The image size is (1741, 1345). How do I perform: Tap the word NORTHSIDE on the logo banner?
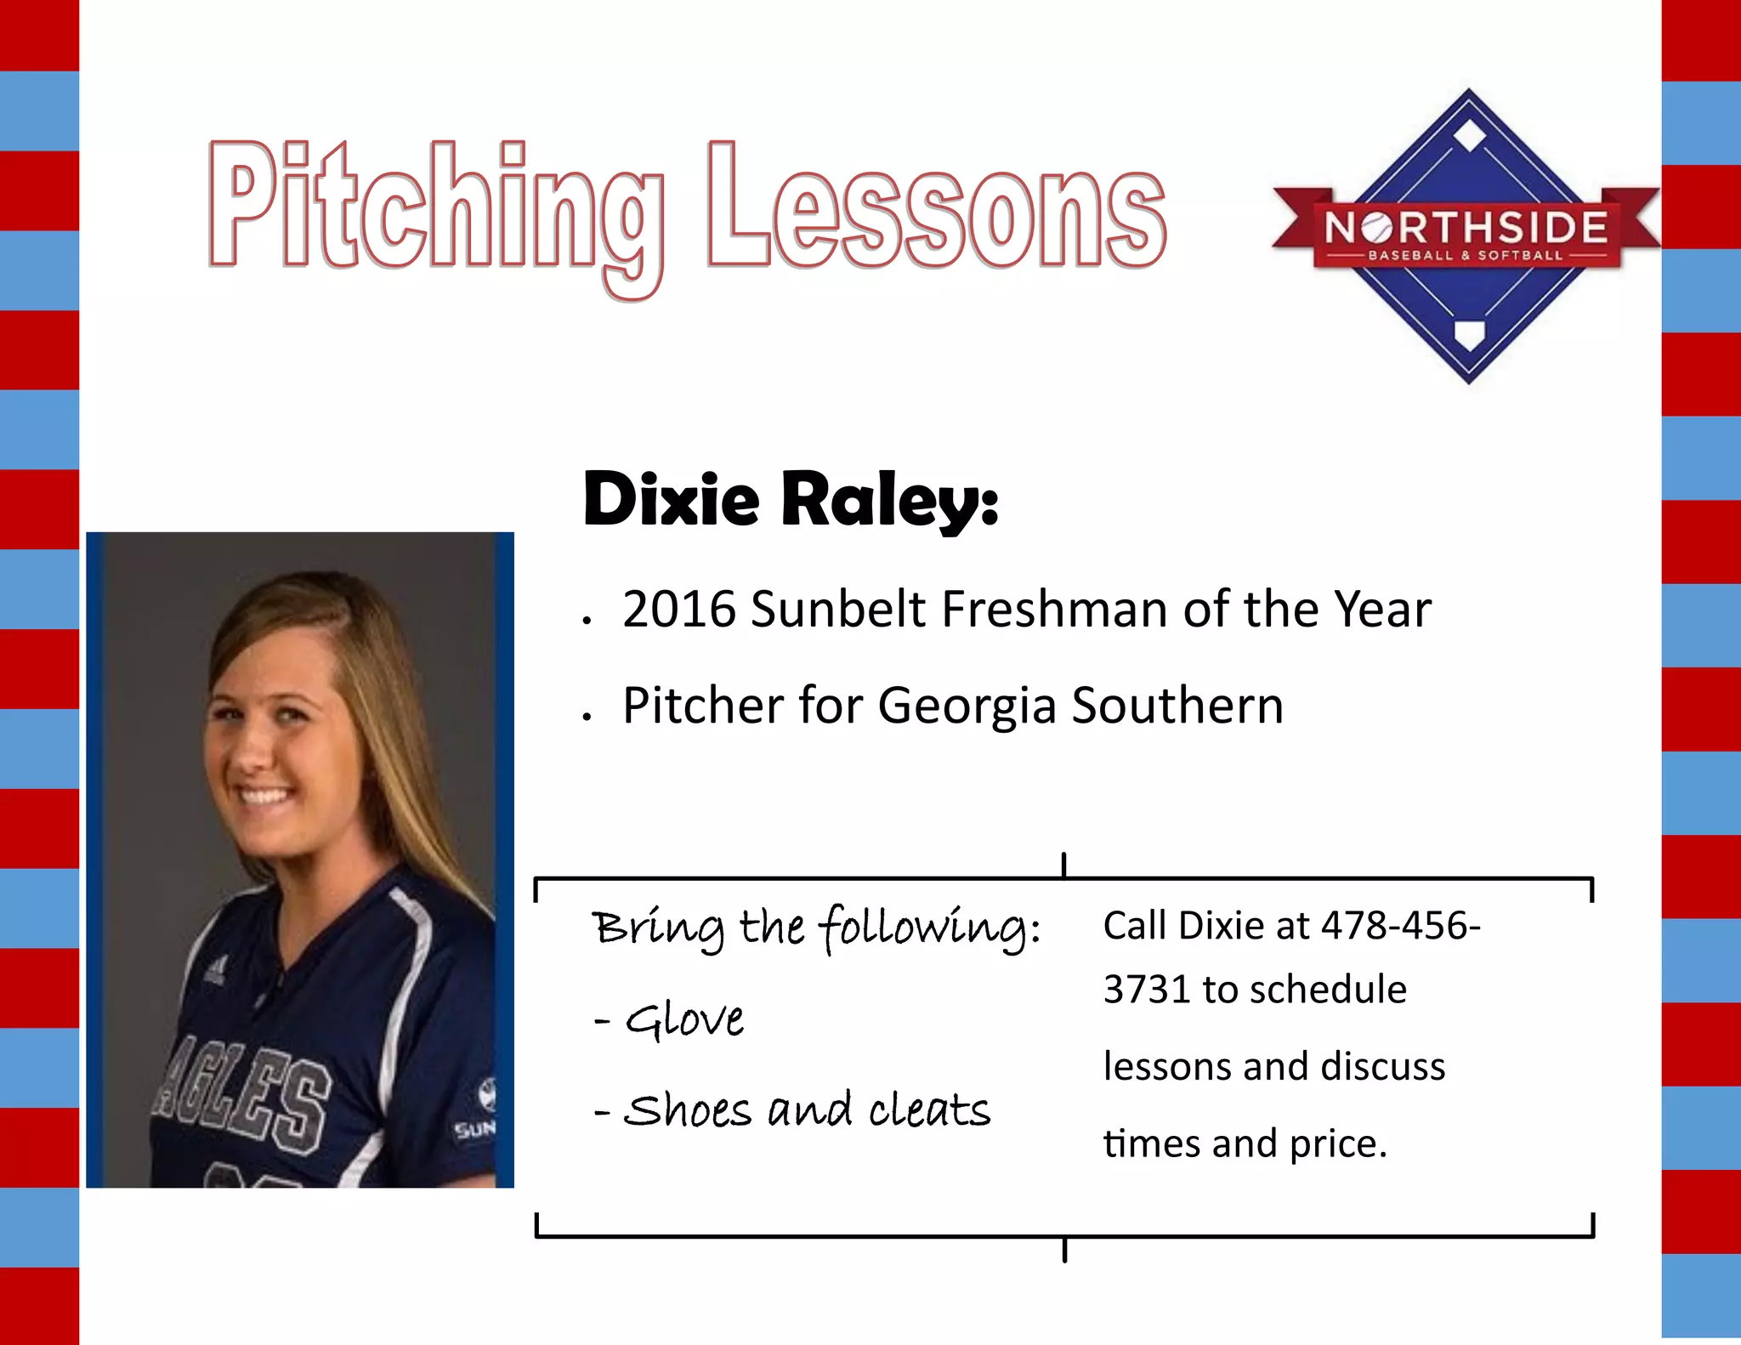click(x=1466, y=228)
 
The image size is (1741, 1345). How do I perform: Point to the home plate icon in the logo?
click(x=1468, y=334)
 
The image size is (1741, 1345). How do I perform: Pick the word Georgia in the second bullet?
click(x=966, y=706)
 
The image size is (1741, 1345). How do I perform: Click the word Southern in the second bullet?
click(x=1177, y=706)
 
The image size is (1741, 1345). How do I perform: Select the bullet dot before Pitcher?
click(x=587, y=717)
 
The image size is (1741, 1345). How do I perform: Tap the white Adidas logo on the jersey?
click(x=214, y=969)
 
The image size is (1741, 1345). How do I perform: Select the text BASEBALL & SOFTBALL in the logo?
click(x=1465, y=255)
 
